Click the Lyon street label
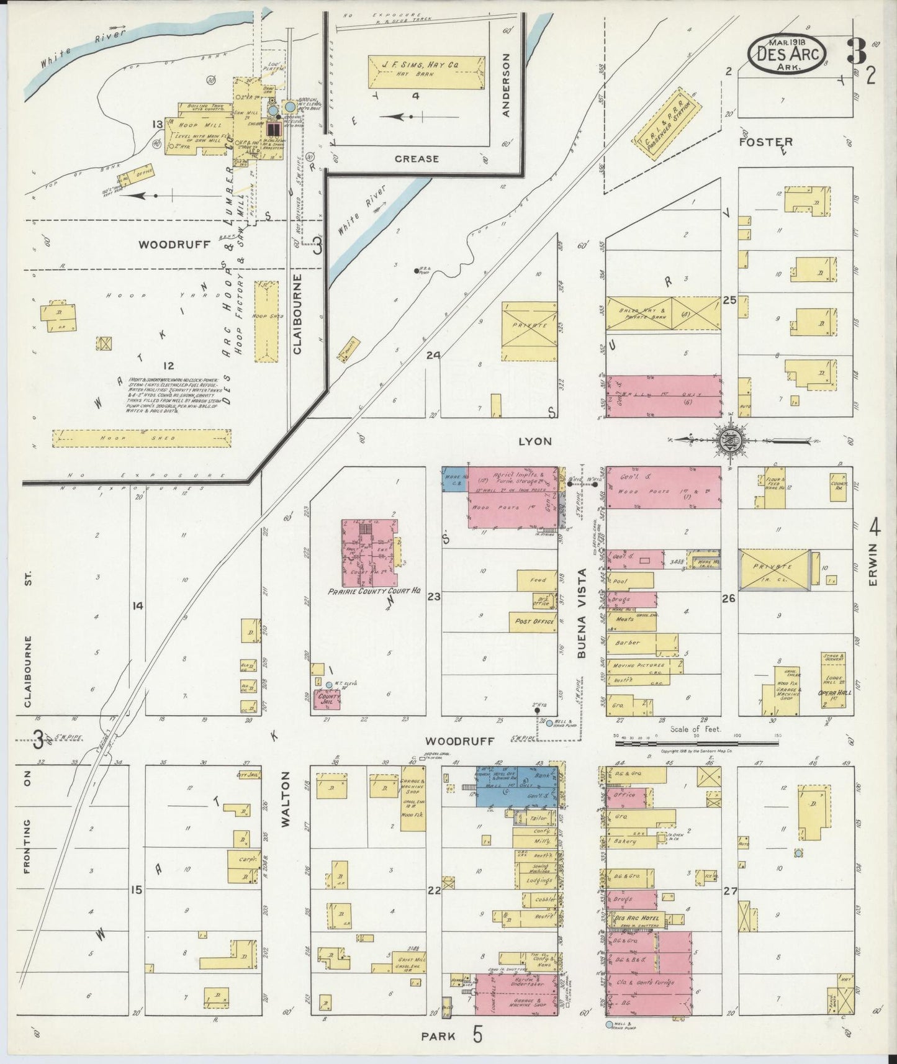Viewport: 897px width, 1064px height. click(534, 440)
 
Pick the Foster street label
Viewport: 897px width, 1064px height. click(765, 142)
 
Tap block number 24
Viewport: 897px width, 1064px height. click(433, 356)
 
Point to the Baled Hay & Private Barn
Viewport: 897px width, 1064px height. click(663, 312)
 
